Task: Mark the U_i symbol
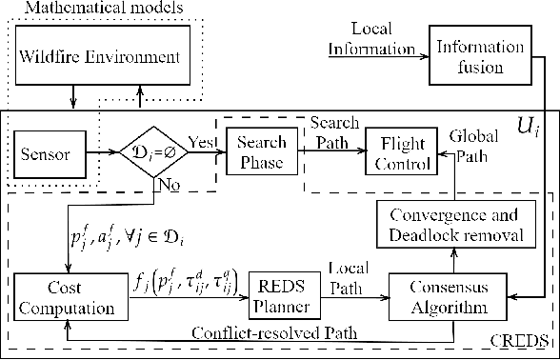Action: (525, 125)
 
